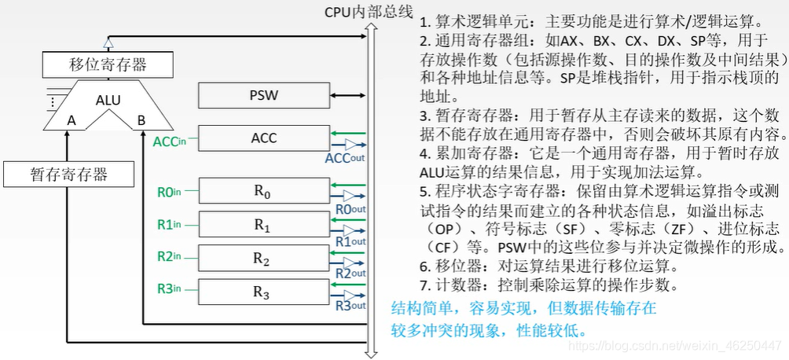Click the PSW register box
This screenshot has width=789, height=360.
(263, 96)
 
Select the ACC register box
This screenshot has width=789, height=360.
(263, 138)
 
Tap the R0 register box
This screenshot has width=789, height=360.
(263, 190)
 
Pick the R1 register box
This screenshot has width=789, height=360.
(263, 224)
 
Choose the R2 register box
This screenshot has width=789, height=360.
(263, 258)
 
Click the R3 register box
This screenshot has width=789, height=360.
(263, 292)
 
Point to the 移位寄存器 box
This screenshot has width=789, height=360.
(108, 64)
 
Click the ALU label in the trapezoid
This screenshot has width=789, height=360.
(108, 100)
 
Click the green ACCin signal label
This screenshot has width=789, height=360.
(171, 141)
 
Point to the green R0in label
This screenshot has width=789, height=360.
(169, 190)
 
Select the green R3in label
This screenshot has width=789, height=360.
(169, 289)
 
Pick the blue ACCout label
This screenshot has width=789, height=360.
(345, 158)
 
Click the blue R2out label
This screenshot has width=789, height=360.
(350, 273)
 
